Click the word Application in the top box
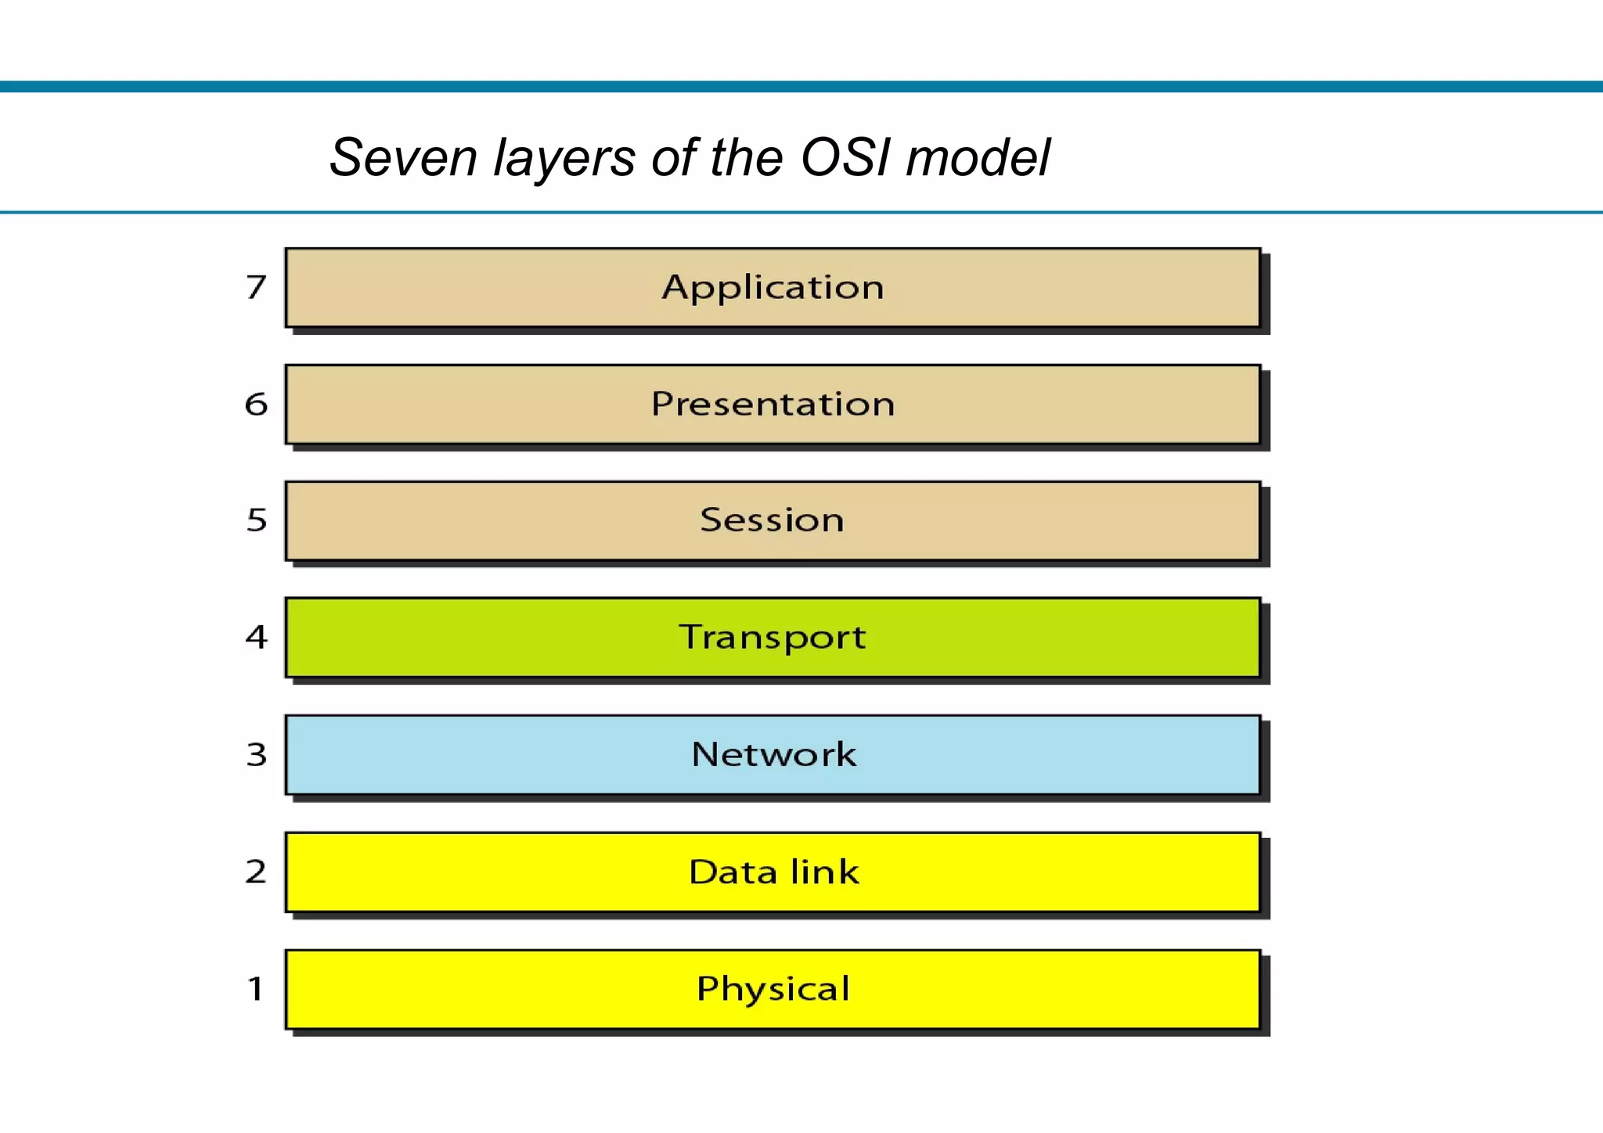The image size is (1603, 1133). [x=773, y=288]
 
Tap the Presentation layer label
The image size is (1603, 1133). [x=773, y=405]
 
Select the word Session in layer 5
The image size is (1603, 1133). [x=772, y=520]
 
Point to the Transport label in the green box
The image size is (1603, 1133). [x=772, y=638]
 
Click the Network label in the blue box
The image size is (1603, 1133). [x=773, y=754]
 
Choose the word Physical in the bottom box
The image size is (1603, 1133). [x=773, y=989]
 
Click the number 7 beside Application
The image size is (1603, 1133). [x=256, y=287]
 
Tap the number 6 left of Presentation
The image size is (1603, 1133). [x=256, y=405]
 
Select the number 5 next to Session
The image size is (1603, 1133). [x=257, y=520]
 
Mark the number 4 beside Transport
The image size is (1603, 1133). [x=256, y=637]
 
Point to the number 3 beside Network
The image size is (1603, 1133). [x=257, y=754]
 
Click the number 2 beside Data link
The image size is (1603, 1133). [x=256, y=872]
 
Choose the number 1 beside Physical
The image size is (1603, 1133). [x=255, y=989]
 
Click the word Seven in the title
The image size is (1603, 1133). [x=402, y=158]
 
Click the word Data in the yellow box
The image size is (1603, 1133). [x=733, y=872]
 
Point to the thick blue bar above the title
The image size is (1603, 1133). [x=801, y=86]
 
